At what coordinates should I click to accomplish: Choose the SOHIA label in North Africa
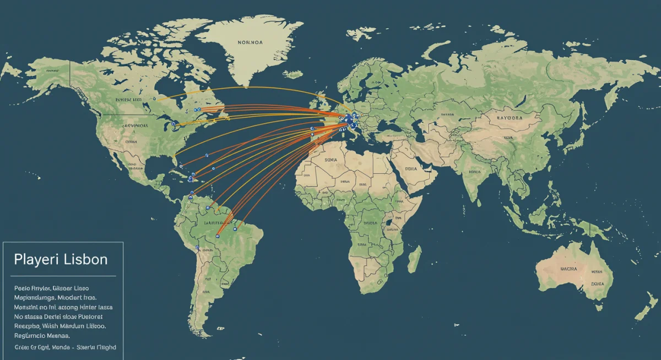(x=331, y=160)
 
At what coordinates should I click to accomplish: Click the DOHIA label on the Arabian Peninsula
(x=410, y=170)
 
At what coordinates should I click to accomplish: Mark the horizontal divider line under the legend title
(x=63, y=276)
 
